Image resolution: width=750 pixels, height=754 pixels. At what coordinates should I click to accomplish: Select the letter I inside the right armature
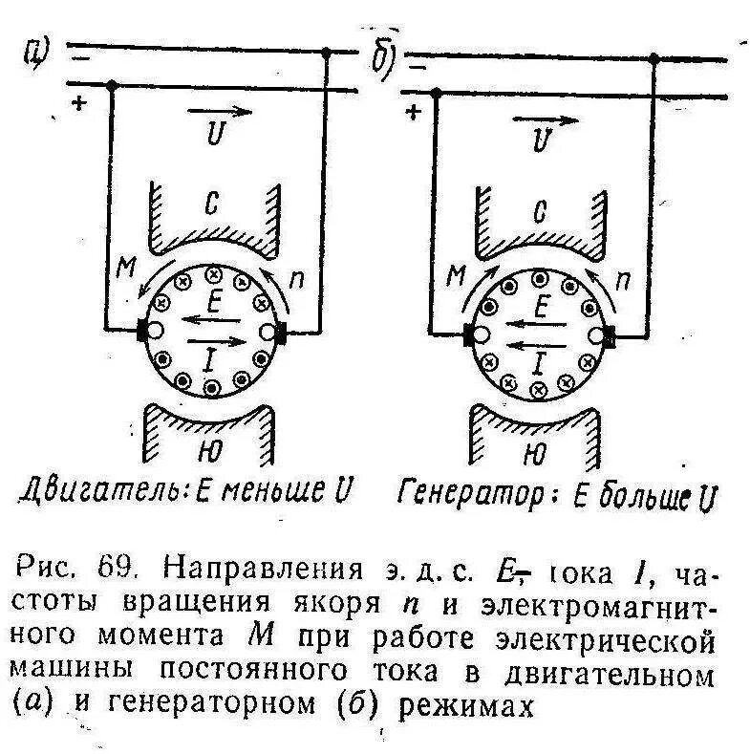540,361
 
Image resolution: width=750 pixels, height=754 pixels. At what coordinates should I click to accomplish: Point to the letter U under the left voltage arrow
216,136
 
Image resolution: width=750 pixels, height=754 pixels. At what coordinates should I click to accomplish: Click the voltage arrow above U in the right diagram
546,121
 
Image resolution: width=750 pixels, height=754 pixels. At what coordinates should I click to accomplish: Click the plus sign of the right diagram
414,112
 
